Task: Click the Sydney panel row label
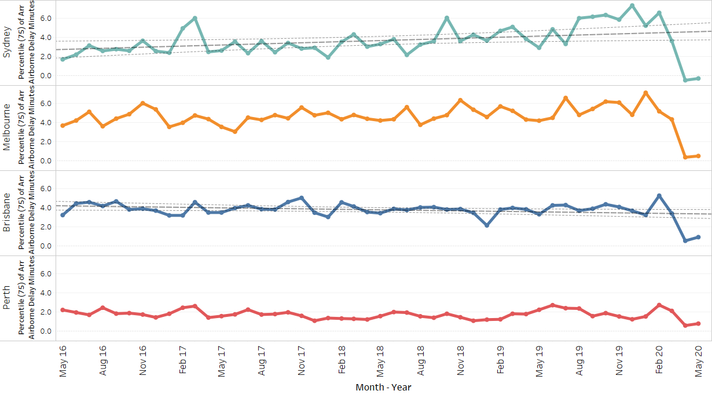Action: point(8,43)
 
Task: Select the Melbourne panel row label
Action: point(8,127)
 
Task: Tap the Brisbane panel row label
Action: point(8,213)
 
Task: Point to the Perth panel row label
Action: point(8,298)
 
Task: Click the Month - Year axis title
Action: point(383,387)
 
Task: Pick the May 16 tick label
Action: point(63,360)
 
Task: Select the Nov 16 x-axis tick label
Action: point(142,360)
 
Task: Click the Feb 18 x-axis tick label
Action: point(342,360)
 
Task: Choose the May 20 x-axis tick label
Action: point(699,360)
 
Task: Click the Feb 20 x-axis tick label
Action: point(659,360)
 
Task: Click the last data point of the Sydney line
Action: point(699,78)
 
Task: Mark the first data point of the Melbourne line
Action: point(63,125)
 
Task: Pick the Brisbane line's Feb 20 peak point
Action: point(659,196)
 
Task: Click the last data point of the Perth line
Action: point(699,323)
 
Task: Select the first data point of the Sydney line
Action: point(63,59)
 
